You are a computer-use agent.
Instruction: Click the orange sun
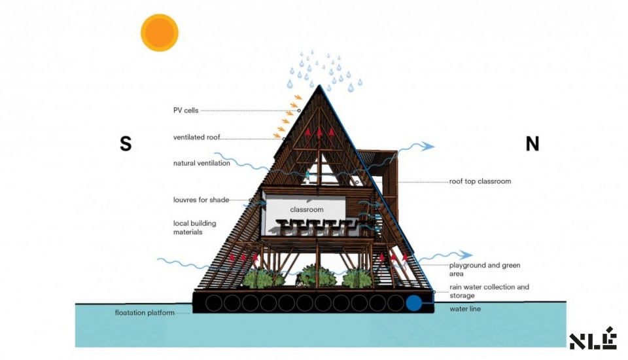(x=160, y=33)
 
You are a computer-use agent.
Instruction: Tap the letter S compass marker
(x=126, y=143)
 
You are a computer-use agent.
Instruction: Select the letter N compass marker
(x=532, y=143)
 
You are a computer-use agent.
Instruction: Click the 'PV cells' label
(x=186, y=110)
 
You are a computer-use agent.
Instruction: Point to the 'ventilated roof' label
(x=197, y=137)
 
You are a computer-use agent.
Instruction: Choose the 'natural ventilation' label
(x=201, y=163)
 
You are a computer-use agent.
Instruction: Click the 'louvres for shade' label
(x=201, y=200)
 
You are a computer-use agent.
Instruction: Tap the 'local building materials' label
(x=195, y=227)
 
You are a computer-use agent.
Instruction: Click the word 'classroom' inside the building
(x=307, y=209)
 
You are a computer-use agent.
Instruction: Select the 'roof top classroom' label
(x=480, y=181)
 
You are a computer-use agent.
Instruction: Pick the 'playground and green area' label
(x=485, y=270)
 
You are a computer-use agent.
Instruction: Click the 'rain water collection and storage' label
(x=489, y=291)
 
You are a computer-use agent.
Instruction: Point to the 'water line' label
(x=465, y=309)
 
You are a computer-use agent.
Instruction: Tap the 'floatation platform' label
(x=145, y=313)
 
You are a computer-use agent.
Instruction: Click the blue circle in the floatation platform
(x=413, y=304)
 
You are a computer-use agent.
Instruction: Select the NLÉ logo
(x=593, y=338)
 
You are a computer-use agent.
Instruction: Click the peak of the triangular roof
(x=319, y=85)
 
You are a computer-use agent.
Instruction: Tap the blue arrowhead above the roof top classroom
(x=429, y=146)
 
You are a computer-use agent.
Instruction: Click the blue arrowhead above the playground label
(x=466, y=254)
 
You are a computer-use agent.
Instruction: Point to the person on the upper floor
(x=307, y=175)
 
